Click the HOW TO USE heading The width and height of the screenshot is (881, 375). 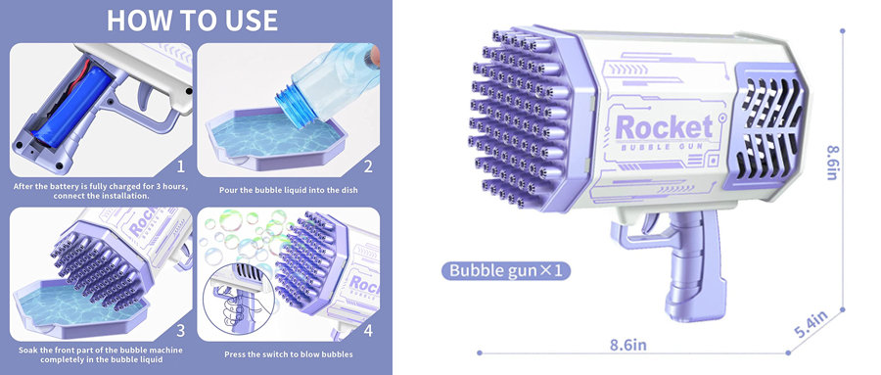(x=192, y=21)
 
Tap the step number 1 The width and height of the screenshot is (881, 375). (x=180, y=166)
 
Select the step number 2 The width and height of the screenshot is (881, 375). (x=368, y=166)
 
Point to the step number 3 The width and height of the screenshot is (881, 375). (x=180, y=330)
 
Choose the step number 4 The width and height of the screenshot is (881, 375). (x=368, y=330)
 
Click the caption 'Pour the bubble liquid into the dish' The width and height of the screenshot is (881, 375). (x=288, y=190)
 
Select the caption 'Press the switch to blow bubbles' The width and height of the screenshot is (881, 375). (x=288, y=354)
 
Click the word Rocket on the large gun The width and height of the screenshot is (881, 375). (x=664, y=127)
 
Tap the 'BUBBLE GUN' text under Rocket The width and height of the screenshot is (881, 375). (x=664, y=147)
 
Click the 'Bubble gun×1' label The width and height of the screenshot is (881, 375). (x=506, y=270)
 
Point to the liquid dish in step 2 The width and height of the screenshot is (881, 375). (x=276, y=140)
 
